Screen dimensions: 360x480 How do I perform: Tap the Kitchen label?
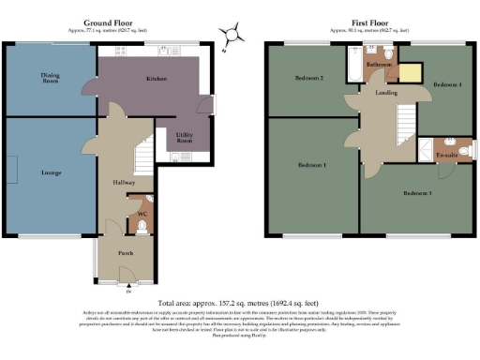pyautogui.click(x=156, y=79)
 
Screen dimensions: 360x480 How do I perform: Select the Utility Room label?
pyautogui.click(x=185, y=137)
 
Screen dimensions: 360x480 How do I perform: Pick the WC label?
pyautogui.click(x=142, y=215)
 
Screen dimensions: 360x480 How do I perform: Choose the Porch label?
pyautogui.click(x=125, y=253)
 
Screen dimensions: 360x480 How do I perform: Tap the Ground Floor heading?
pyautogui.click(x=109, y=22)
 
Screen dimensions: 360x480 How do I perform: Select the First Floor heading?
pyautogui.click(x=372, y=22)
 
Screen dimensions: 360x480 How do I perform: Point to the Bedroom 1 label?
pyautogui.click(x=311, y=165)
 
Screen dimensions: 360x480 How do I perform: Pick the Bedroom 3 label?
pyautogui.click(x=416, y=193)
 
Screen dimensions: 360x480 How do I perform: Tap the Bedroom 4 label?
pyautogui.click(x=444, y=85)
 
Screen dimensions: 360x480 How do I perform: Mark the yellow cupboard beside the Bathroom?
pyautogui.click(x=410, y=73)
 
